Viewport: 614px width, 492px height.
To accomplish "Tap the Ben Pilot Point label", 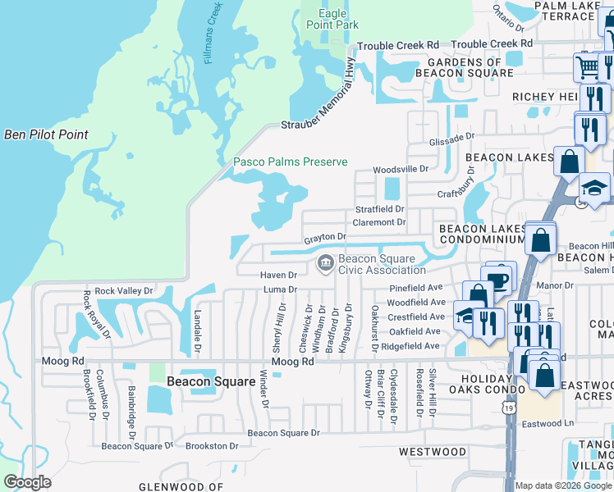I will coord(46,134).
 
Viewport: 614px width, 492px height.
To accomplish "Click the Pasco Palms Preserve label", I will coord(290,162).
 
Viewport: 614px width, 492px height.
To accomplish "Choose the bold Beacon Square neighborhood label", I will coord(201,381).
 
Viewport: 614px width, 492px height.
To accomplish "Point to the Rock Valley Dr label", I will coord(124,290).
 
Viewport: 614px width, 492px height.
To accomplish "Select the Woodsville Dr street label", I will coord(401,169).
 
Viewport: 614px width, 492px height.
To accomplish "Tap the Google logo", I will coord(27,482).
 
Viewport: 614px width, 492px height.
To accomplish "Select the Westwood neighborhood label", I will coord(432,452).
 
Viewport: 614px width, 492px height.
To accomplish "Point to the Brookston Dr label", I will coord(211,446).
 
